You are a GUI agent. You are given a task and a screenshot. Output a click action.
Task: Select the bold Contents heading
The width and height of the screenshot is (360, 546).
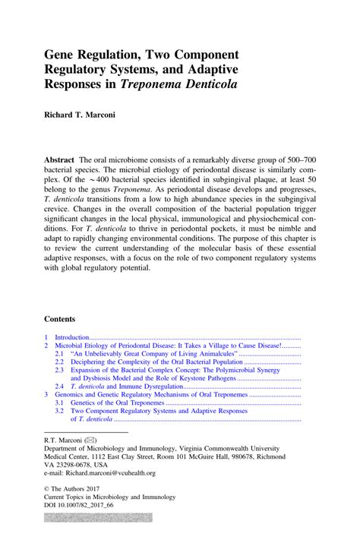(61, 319)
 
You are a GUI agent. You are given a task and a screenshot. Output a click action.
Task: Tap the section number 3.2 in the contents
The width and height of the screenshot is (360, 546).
(59, 411)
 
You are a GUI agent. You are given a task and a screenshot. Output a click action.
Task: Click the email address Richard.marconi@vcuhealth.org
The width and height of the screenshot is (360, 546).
(114, 472)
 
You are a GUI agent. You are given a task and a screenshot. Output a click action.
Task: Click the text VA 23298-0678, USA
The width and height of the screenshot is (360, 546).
(81, 464)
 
